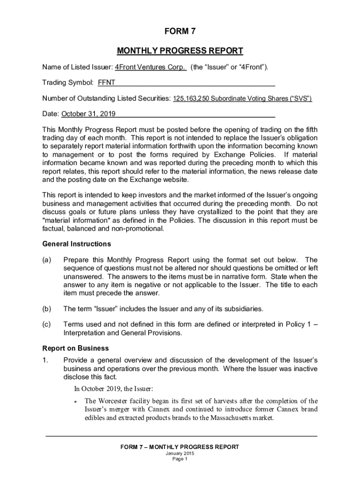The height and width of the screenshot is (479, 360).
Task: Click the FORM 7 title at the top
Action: [x=180, y=32]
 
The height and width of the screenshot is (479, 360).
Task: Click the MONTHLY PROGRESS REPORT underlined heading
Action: [x=180, y=51]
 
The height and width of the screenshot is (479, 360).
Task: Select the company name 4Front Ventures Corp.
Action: [x=151, y=67]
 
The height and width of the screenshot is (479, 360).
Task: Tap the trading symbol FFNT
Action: [x=106, y=83]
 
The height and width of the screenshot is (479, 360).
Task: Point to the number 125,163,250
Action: [x=192, y=99]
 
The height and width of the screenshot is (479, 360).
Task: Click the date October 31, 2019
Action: [x=88, y=114]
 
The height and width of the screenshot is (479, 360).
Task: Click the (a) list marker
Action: [x=47, y=260]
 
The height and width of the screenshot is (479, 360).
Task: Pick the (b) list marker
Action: [x=47, y=308]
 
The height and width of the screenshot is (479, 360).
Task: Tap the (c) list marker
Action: [x=47, y=324]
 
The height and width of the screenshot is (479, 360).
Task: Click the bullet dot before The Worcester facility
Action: [x=76, y=401]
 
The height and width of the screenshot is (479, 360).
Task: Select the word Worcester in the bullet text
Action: [x=115, y=401]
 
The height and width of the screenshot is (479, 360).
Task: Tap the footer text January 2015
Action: [x=180, y=454]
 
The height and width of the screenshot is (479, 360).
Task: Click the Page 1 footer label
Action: [x=180, y=459]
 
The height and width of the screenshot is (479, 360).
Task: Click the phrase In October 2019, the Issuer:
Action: [x=114, y=389]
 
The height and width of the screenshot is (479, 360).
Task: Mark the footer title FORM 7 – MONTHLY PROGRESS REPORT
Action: [x=180, y=447]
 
